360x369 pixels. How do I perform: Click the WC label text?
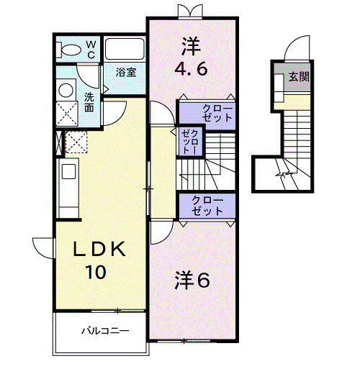point(91,48)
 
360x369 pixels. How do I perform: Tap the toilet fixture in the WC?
point(71,50)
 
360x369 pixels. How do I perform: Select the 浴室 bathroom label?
point(127,72)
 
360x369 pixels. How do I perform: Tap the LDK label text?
point(101,250)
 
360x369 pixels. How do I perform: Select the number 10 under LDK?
point(98,273)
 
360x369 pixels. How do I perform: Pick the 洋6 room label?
point(192,281)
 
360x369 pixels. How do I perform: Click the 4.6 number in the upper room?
point(191,70)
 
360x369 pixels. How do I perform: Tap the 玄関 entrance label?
point(300,76)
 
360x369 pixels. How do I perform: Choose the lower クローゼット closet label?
point(207,206)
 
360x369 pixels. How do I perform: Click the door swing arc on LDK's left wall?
point(45,248)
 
